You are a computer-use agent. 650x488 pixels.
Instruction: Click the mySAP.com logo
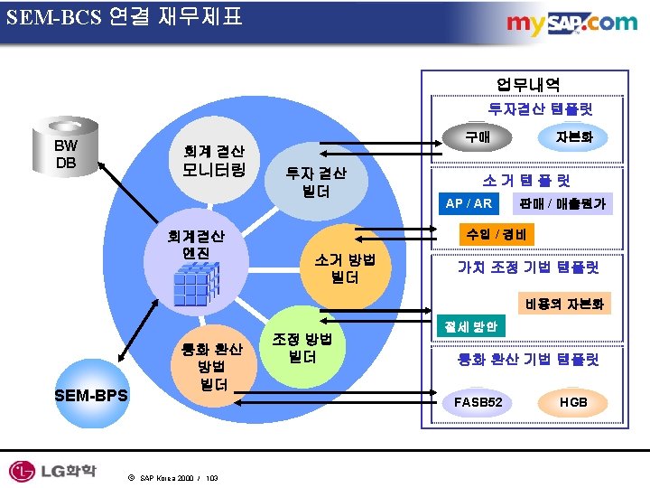click(x=571, y=23)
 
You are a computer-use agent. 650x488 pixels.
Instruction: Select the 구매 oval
click(x=477, y=137)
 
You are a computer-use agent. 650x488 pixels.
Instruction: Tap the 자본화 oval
click(x=574, y=137)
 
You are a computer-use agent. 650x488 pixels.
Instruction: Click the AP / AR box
click(x=469, y=203)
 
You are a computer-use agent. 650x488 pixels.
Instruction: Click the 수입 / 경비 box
click(x=497, y=235)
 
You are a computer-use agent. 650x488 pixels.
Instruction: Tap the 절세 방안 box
click(x=469, y=324)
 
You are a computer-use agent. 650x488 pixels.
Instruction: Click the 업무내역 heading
click(x=527, y=85)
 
